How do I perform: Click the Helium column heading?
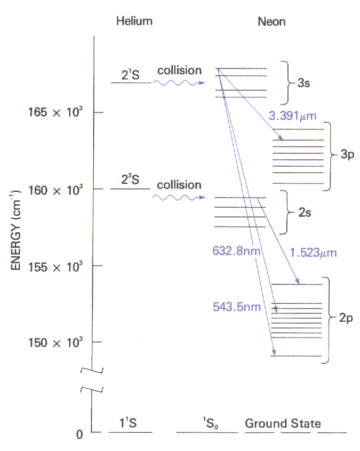pyautogui.click(x=134, y=21)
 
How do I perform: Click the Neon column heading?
pyautogui.click(x=271, y=22)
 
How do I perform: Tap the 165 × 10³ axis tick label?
pyautogui.click(x=55, y=112)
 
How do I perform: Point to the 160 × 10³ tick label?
pyautogui.click(x=55, y=190)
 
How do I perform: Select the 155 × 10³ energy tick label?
pyautogui.click(x=55, y=267)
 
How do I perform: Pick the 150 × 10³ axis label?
pyautogui.click(x=55, y=343)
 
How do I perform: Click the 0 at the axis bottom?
pyautogui.click(x=79, y=434)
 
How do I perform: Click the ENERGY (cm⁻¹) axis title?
pyautogui.click(x=15, y=230)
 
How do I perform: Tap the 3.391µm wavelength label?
pyautogui.click(x=293, y=116)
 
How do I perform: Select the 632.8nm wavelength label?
pyautogui.click(x=237, y=251)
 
